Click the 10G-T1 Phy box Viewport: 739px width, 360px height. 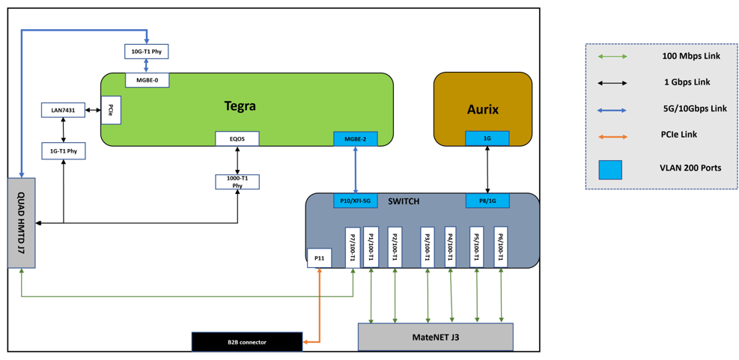(x=147, y=51)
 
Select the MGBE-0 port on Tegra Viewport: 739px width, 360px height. (x=147, y=80)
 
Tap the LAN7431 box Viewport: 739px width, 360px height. (x=63, y=110)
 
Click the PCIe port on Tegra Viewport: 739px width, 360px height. (x=110, y=110)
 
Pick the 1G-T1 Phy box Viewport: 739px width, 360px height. (x=63, y=152)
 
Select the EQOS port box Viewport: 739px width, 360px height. (x=237, y=138)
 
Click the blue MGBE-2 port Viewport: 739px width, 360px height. (x=356, y=138)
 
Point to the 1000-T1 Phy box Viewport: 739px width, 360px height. (x=237, y=182)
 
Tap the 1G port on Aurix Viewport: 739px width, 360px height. (x=487, y=138)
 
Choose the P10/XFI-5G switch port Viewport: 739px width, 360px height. (x=356, y=201)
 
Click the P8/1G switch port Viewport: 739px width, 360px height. (x=487, y=201)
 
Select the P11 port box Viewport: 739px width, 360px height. (x=319, y=257)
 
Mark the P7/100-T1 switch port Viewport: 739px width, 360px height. (x=353, y=248)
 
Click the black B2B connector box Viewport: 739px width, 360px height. (x=247, y=341)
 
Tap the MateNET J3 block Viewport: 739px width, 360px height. (x=436, y=337)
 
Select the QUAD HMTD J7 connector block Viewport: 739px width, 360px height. (x=22, y=223)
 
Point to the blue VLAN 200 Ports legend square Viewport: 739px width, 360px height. (x=610, y=170)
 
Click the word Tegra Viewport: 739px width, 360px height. (x=240, y=106)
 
